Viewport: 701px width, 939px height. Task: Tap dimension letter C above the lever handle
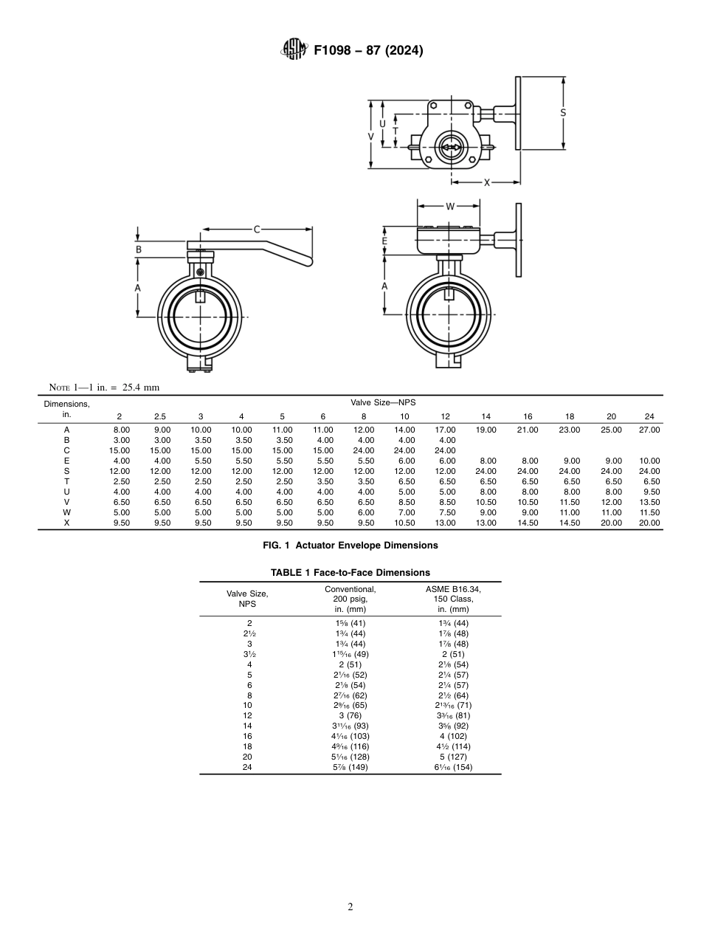tap(257, 230)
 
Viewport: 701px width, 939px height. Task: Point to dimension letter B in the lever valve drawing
tap(138, 250)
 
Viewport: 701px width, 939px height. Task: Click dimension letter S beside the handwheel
tap(563, 113)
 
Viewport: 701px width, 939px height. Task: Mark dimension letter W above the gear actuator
tap(449, 206)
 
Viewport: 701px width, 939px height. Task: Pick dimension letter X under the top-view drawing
tap(486, 182)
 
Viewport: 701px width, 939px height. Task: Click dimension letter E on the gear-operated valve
tap(384, 241)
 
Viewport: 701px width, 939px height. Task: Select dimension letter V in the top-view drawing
tap(371, 137)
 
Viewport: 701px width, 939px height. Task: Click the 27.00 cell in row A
tap(649, 430)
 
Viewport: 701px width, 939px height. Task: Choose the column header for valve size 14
tap(486, 416)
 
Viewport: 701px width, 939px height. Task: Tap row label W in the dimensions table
tap(66, 512)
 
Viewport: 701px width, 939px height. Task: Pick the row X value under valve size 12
tap(445, 523)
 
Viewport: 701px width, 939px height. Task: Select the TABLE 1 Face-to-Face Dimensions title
tap(350, 572)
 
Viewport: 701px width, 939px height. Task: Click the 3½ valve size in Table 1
tap(249, 654)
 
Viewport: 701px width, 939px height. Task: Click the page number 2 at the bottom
tap(350, 907)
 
